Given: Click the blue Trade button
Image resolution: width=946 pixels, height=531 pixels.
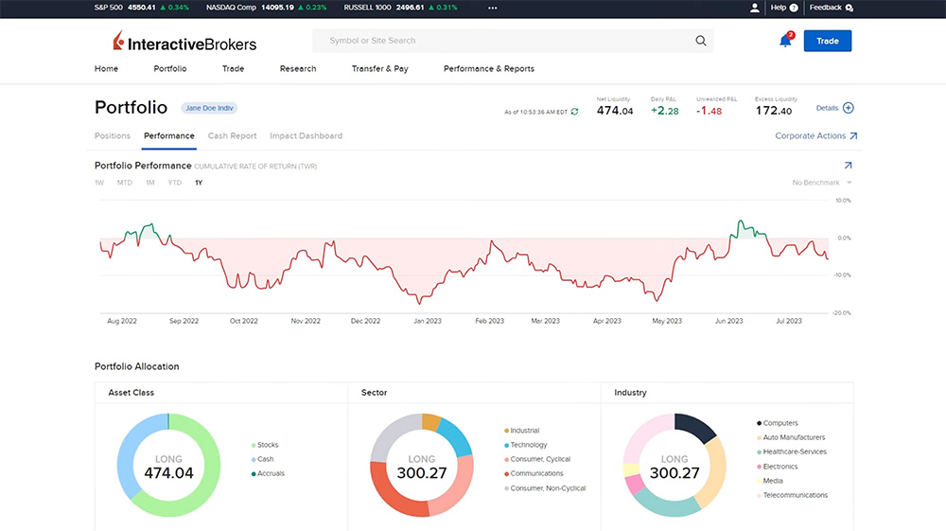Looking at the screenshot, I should pos(827,41).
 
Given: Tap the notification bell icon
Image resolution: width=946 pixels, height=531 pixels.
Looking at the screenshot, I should pos(785,41).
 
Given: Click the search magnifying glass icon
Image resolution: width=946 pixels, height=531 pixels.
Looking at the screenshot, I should pos(701,41).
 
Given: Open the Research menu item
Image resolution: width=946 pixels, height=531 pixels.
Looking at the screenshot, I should pos(298,69).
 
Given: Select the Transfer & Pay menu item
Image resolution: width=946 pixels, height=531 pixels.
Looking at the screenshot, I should pos(379,69).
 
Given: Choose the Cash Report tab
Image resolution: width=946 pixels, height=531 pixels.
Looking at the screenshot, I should pos(232,136).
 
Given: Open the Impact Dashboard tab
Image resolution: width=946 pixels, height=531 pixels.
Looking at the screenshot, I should pos(306,136).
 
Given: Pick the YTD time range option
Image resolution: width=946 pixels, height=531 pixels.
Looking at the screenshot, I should pos(174,183).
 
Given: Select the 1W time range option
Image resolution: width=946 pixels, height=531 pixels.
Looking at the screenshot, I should pos(99,183).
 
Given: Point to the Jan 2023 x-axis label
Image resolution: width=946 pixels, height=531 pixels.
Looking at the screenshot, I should pos(427,322).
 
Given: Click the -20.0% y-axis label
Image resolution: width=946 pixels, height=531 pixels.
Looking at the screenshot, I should pos(841,312).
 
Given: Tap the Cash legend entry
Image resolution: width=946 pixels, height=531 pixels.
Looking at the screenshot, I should pos(265,459).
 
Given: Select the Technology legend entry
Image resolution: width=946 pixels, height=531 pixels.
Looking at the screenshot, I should pos(528,445).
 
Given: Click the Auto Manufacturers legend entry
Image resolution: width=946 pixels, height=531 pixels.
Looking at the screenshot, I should pos(794,437).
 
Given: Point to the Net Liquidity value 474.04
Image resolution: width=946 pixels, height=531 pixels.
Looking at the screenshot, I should pos(615,111).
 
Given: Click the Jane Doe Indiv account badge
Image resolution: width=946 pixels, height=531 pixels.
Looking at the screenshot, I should pos(209,108).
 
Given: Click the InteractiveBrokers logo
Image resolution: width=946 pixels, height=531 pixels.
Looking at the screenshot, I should pos(184,43).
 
